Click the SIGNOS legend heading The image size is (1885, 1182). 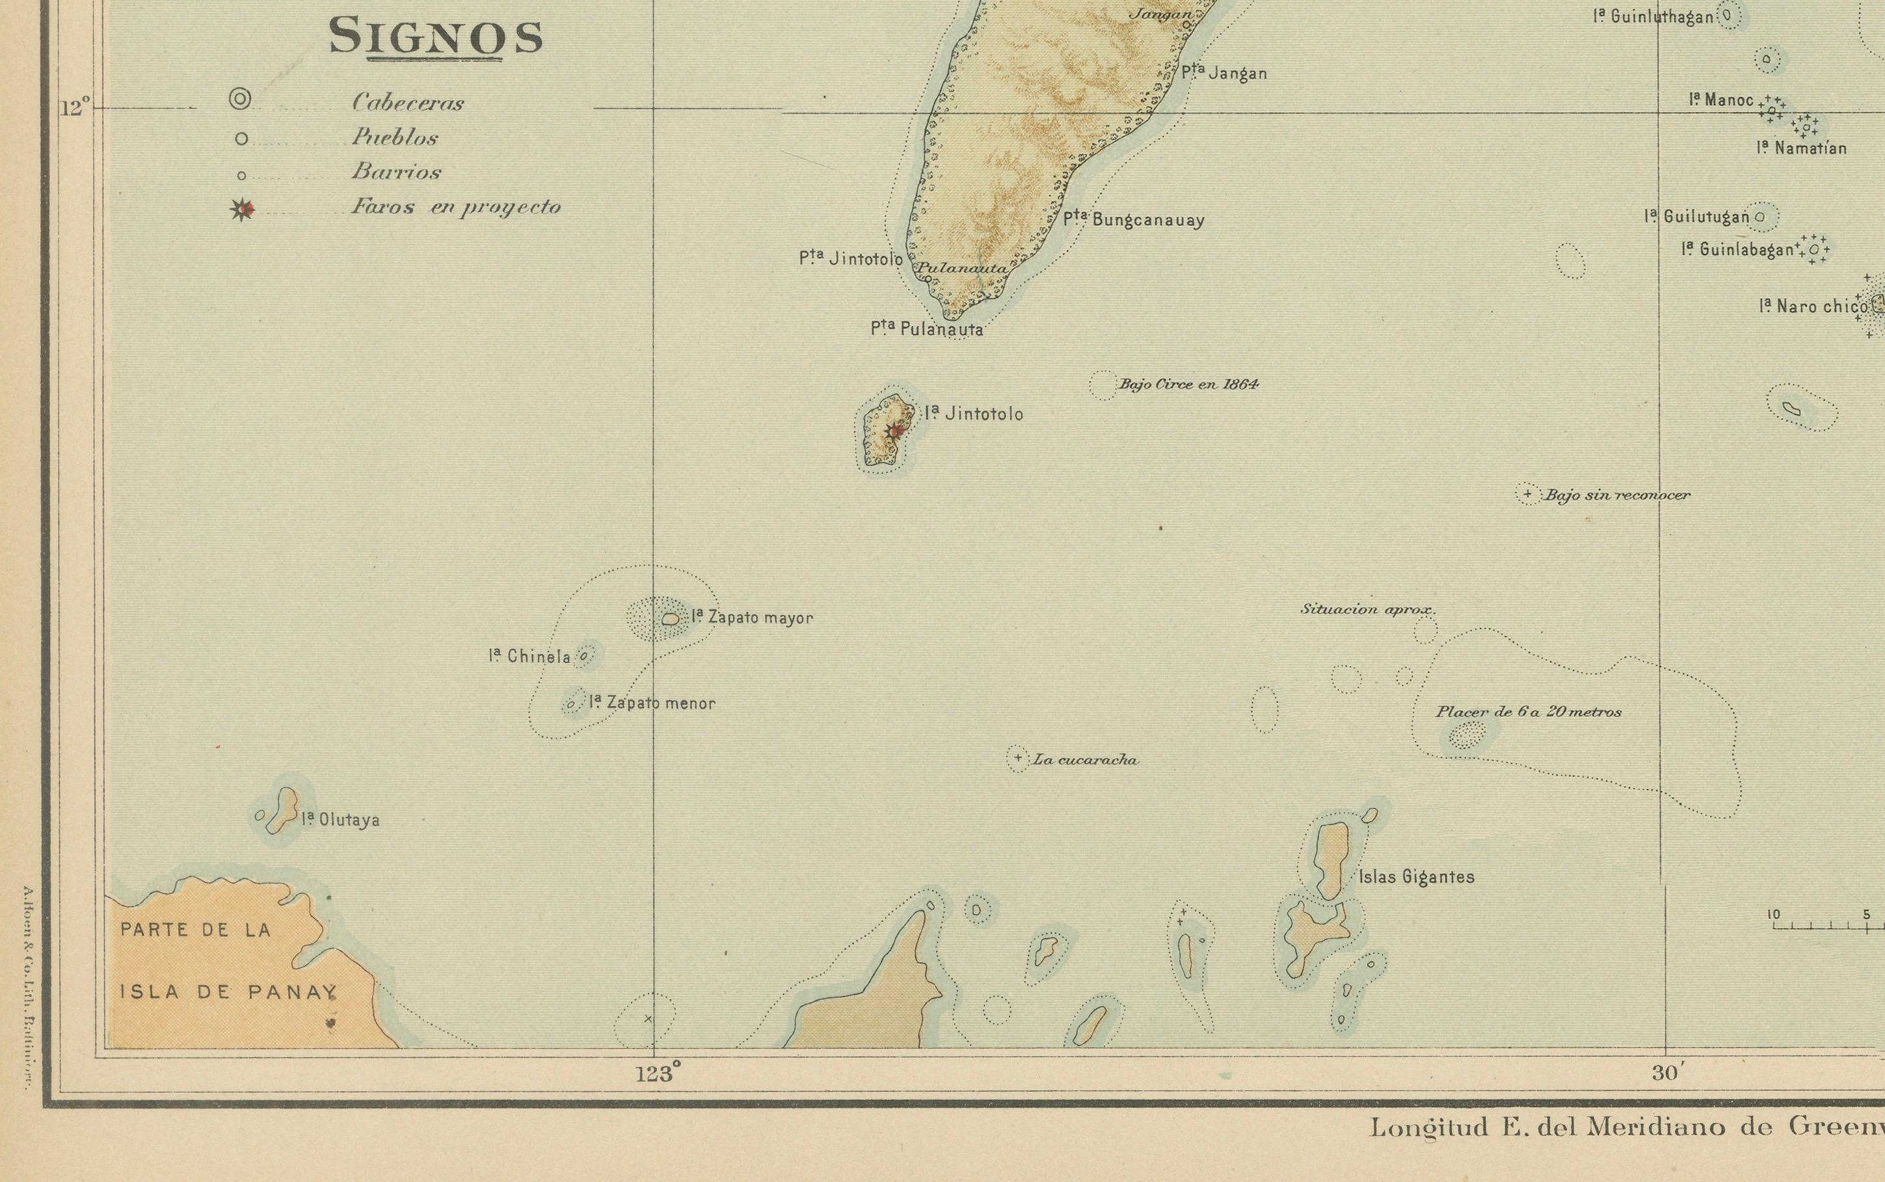pyautogui.click(x=436, y=38)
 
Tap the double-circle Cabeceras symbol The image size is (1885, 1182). pyautogui.click(x=240, y=99)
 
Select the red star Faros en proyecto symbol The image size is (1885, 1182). pyautogui.click(x=244, y=209)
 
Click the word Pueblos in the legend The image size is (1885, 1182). pyautogui.click(x=394, y=138)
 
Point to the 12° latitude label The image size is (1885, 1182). pyautogui.click(x=75, y=108)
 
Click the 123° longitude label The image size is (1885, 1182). pyautogui.click(x=658, y=1074)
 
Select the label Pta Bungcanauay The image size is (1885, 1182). pyautogui.click(x=1134, y=220)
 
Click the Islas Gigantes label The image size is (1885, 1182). pyautogui.click(x=1416, y=877)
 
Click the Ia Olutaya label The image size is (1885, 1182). pyautogui.click(x=340, y=820)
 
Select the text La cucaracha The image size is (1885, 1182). pyautogui.click(x=1085, y=760)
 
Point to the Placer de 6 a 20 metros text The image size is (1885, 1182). pyautogui.click(x=1528, y=712)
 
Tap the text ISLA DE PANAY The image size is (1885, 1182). pyautogui.click(x=228, y=992)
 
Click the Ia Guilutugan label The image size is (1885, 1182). pyautogui.click(x=1696, y=217)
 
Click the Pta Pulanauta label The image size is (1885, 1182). pyautogui.click(x=926, y=329)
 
